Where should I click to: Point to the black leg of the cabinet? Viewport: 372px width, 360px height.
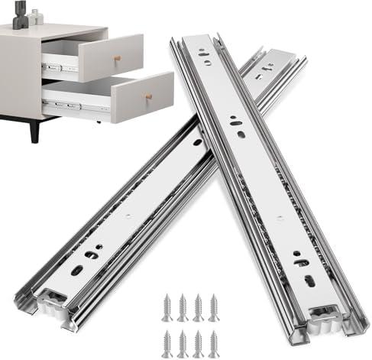[32, 130]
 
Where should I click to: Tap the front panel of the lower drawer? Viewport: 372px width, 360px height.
[142, 97]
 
